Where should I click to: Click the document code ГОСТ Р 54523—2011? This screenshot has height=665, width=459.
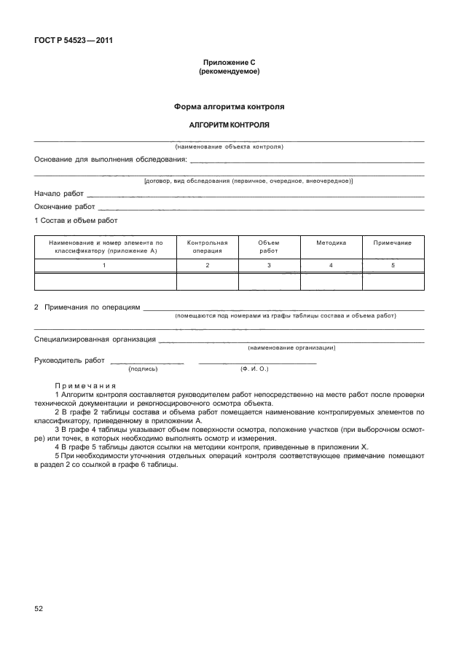(73, 40)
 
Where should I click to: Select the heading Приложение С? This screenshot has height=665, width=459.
(229, 63)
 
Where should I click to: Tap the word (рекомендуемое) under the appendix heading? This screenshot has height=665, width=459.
(229, 72)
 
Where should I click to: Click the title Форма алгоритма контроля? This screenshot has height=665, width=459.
(229, 106)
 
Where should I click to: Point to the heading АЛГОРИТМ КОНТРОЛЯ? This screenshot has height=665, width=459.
(229, 125)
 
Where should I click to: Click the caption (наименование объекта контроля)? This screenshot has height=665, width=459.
(229, 146)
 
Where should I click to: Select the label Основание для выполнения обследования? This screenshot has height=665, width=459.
(110, 159)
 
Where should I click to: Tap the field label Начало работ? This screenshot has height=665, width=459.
(59, 194)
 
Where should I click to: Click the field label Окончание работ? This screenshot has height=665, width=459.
(65, 207)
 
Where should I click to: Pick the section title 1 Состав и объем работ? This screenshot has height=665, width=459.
(76, 220)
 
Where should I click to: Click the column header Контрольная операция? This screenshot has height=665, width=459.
(208, 246)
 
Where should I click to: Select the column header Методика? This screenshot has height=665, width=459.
(331, 243)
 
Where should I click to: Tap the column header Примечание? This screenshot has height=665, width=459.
(393, 243)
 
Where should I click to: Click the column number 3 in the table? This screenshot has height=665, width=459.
(269, 265)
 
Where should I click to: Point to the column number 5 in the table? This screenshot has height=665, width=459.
(393, 265)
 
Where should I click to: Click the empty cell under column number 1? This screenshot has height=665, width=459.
(106, 282)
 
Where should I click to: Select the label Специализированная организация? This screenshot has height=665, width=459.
(95, 339)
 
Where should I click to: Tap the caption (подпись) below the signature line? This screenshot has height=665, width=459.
(144, 369)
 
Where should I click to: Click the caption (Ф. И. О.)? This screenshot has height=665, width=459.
(254, 369)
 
